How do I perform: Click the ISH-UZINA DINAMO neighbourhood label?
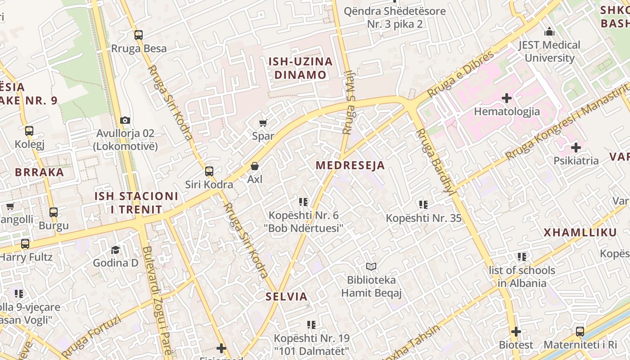pyautogui.click(x=300, y=68)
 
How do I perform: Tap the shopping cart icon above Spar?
pyautogui.click(x=263, y=123)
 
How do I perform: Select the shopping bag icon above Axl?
pyautogui.click(x=255, y=166)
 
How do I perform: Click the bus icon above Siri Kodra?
pyautogui.click(x=209, y=171)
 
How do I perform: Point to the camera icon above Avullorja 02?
pyautogui.click(x=125, y=120)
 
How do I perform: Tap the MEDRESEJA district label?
pyautogui.click(x=350, y=165)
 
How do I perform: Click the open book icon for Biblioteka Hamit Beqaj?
pyautogui.click(x=371, y=267)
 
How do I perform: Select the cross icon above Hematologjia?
pyautogui.click(x=507, y=98)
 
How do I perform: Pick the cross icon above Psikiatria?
pyautogui.click(x=576, y=148)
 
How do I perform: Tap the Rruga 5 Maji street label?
pyautogui.click(x=349, y=103)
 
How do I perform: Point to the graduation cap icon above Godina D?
pyautogui.click(x=116, y=250)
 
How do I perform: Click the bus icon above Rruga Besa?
pyautogui.click(x=139, y=35)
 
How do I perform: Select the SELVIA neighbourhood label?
pyautogui.click(x=287, y=297)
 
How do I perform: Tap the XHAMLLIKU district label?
pyautogui.click(x=580, y=233)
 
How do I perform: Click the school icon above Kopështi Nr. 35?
pyautogui.click(x=423, y=205)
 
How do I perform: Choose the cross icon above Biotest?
pyautogui.click(x=516, y=332)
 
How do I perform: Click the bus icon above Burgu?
pyautogui.click(x=54, y=212)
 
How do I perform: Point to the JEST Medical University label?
pyautogui.click(x=549, y=51)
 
